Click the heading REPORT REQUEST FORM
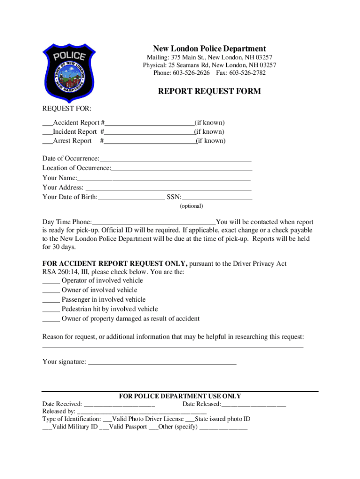point(209,91)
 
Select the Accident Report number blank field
point(150,123)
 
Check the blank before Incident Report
point(47,132)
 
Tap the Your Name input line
point(164,178)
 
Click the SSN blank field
point(217,197)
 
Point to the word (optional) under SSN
point(191,206)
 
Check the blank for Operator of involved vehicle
point(51,281)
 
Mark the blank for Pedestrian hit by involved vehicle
point(51,310)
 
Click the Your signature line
point(162,362)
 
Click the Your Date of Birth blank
point(131,197)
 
